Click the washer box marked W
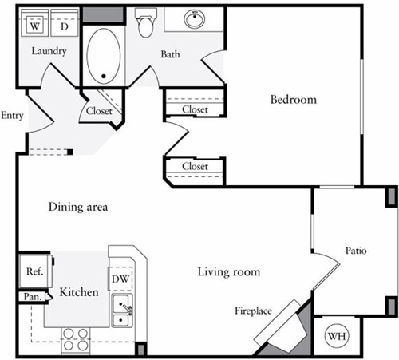click(x=35, y=26)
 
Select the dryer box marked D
click(x=64, y=26)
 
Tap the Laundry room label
click(x=49, y=52)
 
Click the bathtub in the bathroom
click(x=104, y=56)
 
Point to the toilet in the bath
click(x=145, y=25)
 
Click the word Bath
click(x=170, y=54)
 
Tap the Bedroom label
click(x=293, y=100)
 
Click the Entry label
click(x=13, y=115)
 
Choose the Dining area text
click(x=78, y=207)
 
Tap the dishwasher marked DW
click(x=120, y=279)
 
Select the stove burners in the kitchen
click(x=76, y=339)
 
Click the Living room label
click(x=229, y=272)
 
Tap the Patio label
click(x=356, y=251)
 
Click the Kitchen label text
click(x=79, y=292)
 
